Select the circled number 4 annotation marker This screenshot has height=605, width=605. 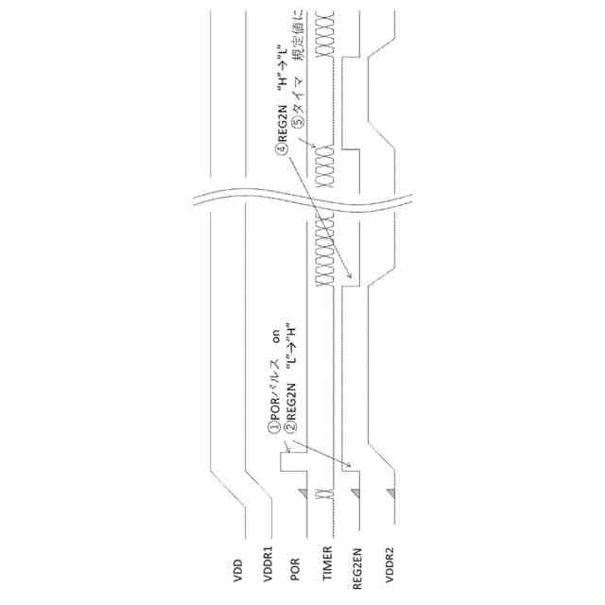coord(281,147)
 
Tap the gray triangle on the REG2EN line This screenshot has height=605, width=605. coord(355,493)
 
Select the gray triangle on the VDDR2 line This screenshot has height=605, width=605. coord(389,493)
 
